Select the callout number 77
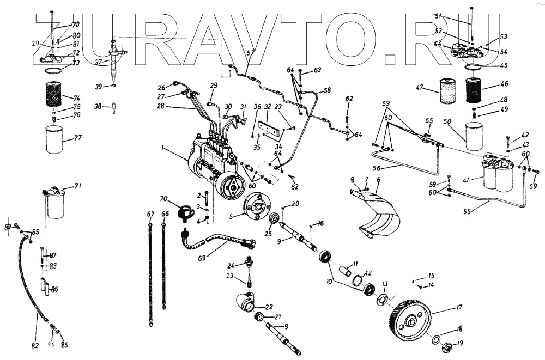(x=78, y=138)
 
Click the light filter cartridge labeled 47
(x=450, y=91)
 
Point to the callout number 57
(x=250, y=53)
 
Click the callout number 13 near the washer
(x=385, y=284)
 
